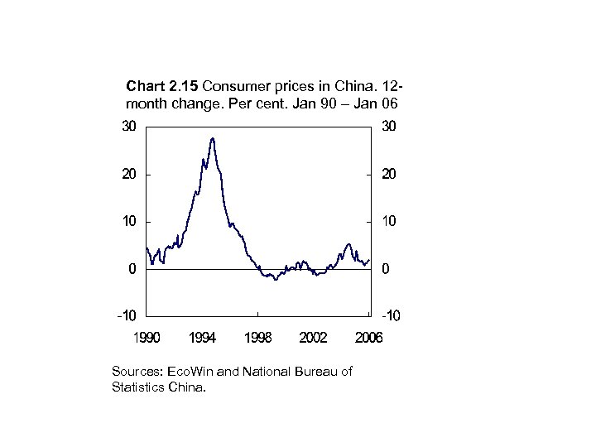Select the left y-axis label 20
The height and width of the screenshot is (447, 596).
(x=129, y=175)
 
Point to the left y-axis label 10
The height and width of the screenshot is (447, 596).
(x=129, y=222)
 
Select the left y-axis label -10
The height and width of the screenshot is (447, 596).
(x=127, y=316)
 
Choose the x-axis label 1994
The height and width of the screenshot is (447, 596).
(x=202, y=337)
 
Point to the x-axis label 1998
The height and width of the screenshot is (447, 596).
(x=257, y=337)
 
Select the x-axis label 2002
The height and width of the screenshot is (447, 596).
(x=313, y=337)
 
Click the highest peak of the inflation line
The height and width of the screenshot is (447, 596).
(x=213, y=139)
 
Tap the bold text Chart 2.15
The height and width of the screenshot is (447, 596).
(x=161, y=85)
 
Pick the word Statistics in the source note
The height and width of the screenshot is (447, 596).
(x=137, y=386)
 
